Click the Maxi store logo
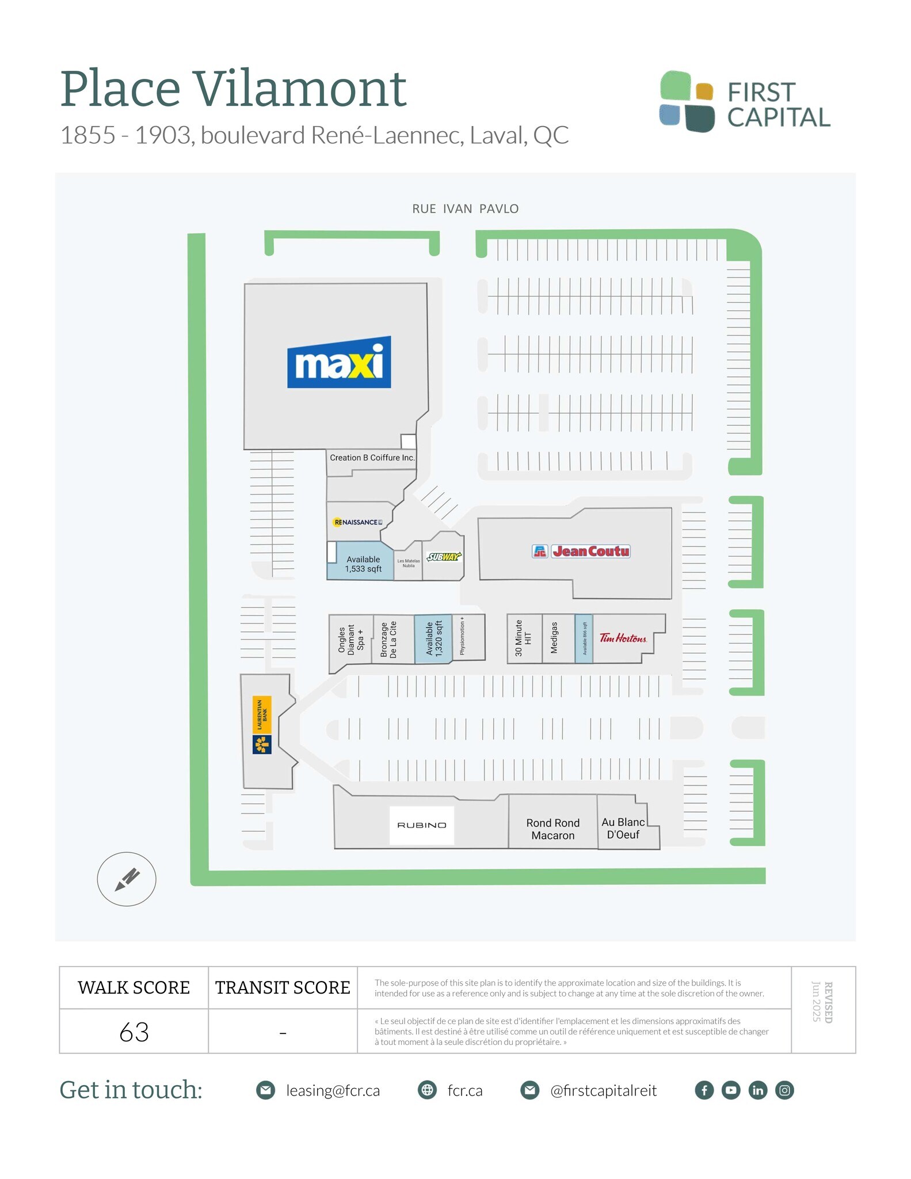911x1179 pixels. [339, 362]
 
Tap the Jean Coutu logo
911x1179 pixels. [581, 551]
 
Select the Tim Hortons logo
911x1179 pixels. [623, 638]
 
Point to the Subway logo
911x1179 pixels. [444, 557]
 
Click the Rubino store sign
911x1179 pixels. [422, 825]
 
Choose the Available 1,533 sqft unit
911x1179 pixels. [363, 564]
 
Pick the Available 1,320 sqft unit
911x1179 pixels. [433, 638]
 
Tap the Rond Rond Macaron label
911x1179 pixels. [552, 829]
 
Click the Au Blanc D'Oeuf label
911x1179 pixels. [623, 828]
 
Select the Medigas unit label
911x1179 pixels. [554, 638]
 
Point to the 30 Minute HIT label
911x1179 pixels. [523, 638]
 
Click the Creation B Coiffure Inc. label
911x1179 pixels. [372, 458]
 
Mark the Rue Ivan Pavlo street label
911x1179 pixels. [465, 209]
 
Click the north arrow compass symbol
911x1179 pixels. [127, 879]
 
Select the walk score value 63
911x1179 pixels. [134, 1032]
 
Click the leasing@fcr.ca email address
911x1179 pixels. [333, 1090]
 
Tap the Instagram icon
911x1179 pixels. [784, 1090]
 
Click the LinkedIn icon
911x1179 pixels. [757, 1090]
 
